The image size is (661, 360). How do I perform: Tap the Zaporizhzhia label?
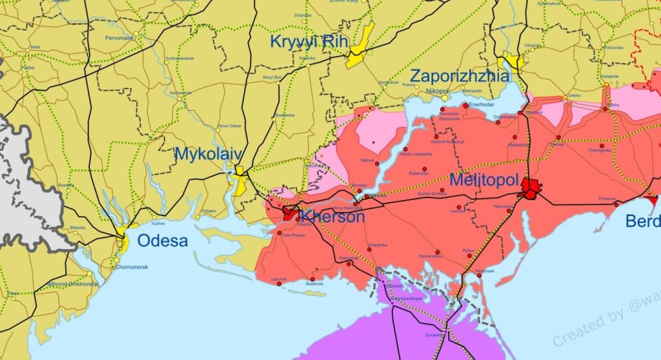(x=459, y=75)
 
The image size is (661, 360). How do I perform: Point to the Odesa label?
(x=162, y=241)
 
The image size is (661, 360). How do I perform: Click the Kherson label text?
(x=332, y=217)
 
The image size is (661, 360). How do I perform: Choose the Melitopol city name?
(x=484, y=179)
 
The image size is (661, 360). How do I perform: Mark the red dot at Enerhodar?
(x=465, y=105)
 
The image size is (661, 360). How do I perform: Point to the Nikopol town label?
(x=436, y=92)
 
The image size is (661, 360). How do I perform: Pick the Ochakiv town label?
(x=208, y=211)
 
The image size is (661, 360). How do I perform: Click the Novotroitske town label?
(x=431, y=256)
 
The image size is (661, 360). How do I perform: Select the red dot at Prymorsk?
(x=616, y=205)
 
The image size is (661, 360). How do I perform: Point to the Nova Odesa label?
(x=230, y=126)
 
